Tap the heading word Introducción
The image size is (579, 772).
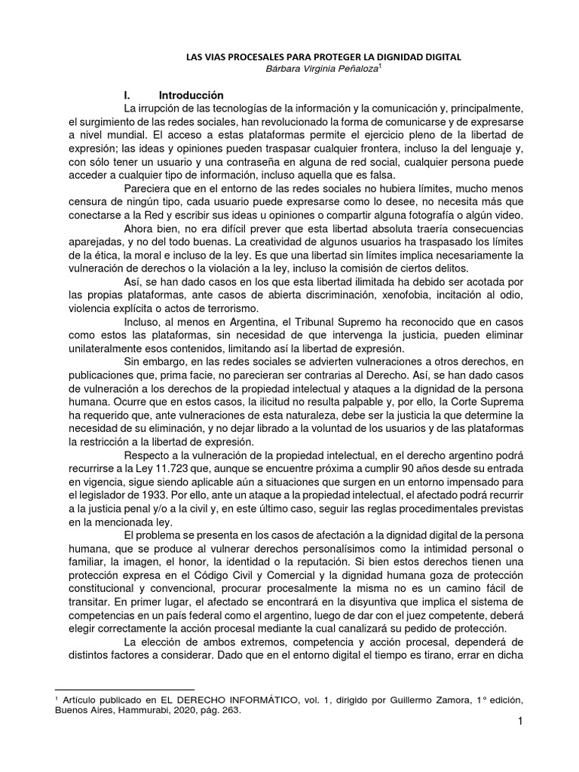tap(191, 96)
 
